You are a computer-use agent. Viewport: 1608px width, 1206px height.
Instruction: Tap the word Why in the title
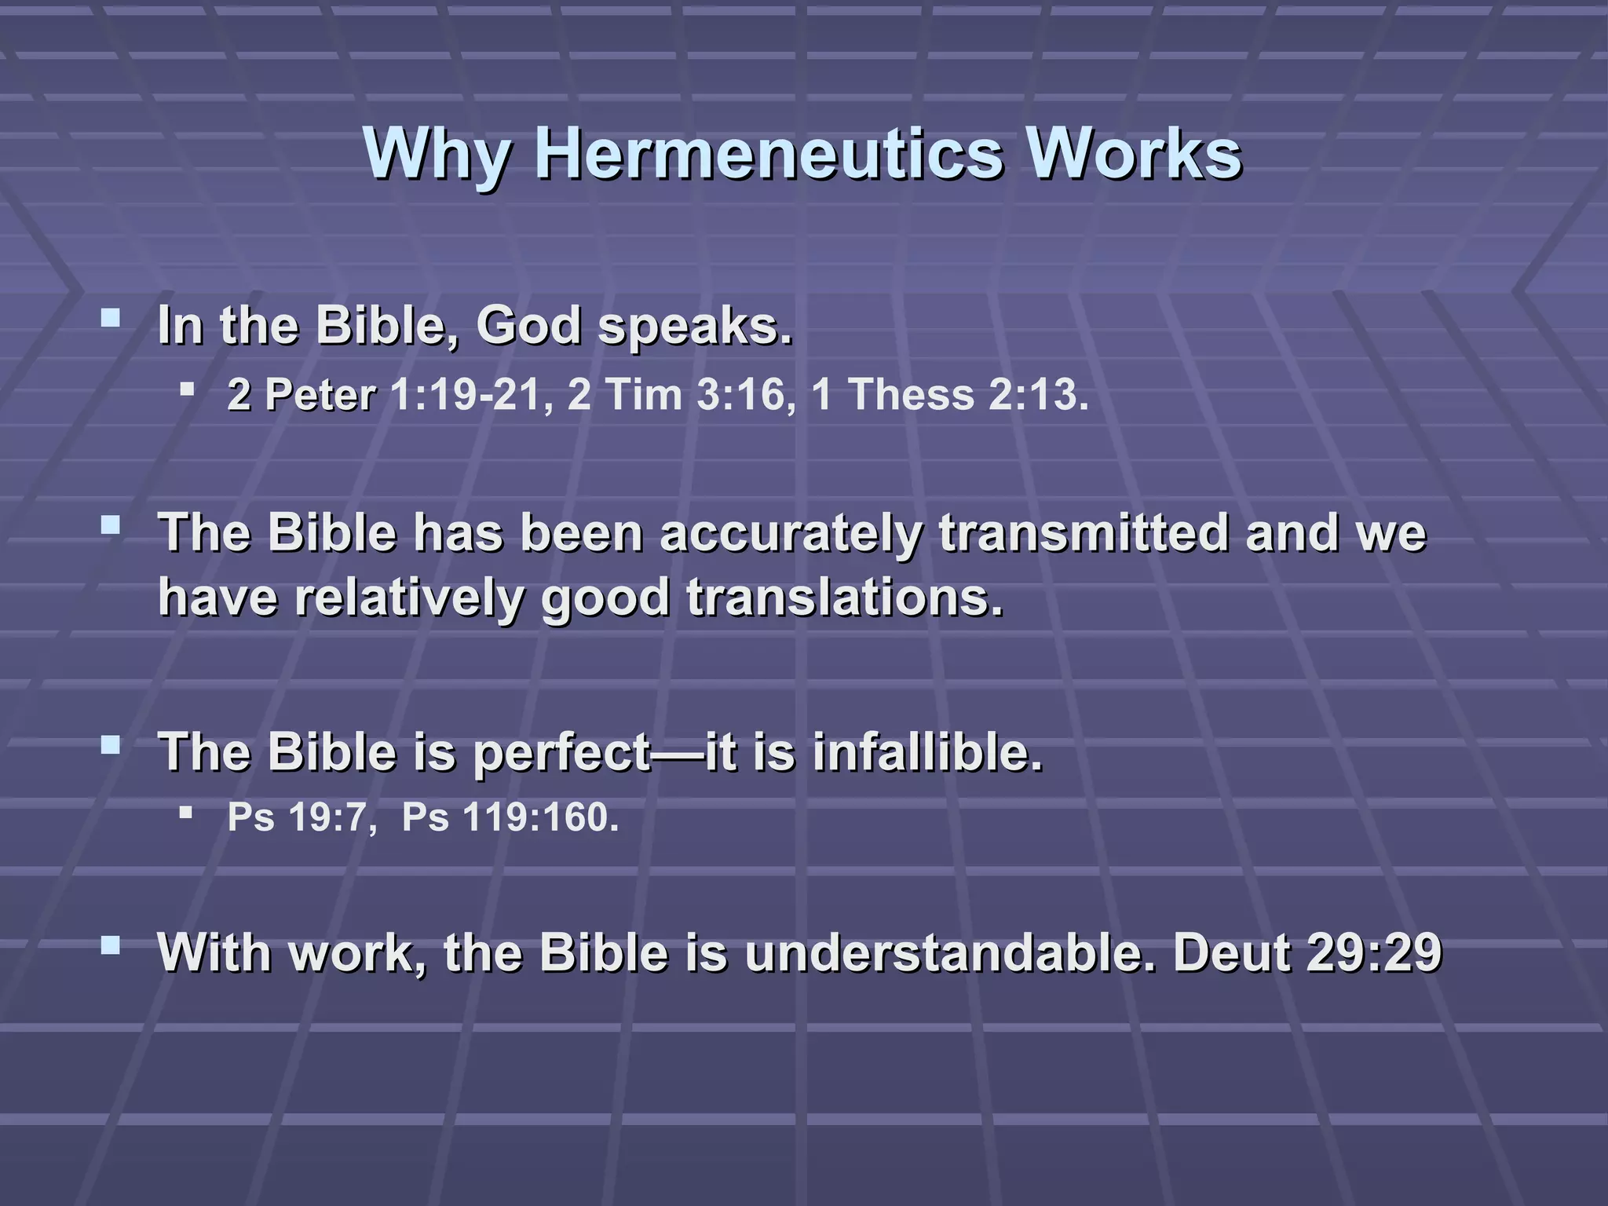coord(436,154)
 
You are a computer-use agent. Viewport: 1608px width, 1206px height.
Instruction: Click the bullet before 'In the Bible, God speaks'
coord(111,318)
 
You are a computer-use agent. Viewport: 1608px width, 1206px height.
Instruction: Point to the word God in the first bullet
coord(528,325)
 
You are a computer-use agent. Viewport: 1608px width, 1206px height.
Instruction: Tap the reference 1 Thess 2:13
coord(950,394)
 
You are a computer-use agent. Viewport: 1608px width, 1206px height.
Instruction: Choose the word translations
coord(845,598)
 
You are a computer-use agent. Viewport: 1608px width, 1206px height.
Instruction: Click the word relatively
coord(408,598)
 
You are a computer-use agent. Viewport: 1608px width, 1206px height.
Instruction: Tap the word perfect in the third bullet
coord(562,753)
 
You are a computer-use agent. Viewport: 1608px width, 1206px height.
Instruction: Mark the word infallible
coord(928,751)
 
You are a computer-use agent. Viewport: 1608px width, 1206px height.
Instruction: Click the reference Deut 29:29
coord(1307,953)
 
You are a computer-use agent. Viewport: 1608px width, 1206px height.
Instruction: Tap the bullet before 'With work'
coord(111,945)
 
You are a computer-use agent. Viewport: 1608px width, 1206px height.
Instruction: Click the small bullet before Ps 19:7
coord(186,812)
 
